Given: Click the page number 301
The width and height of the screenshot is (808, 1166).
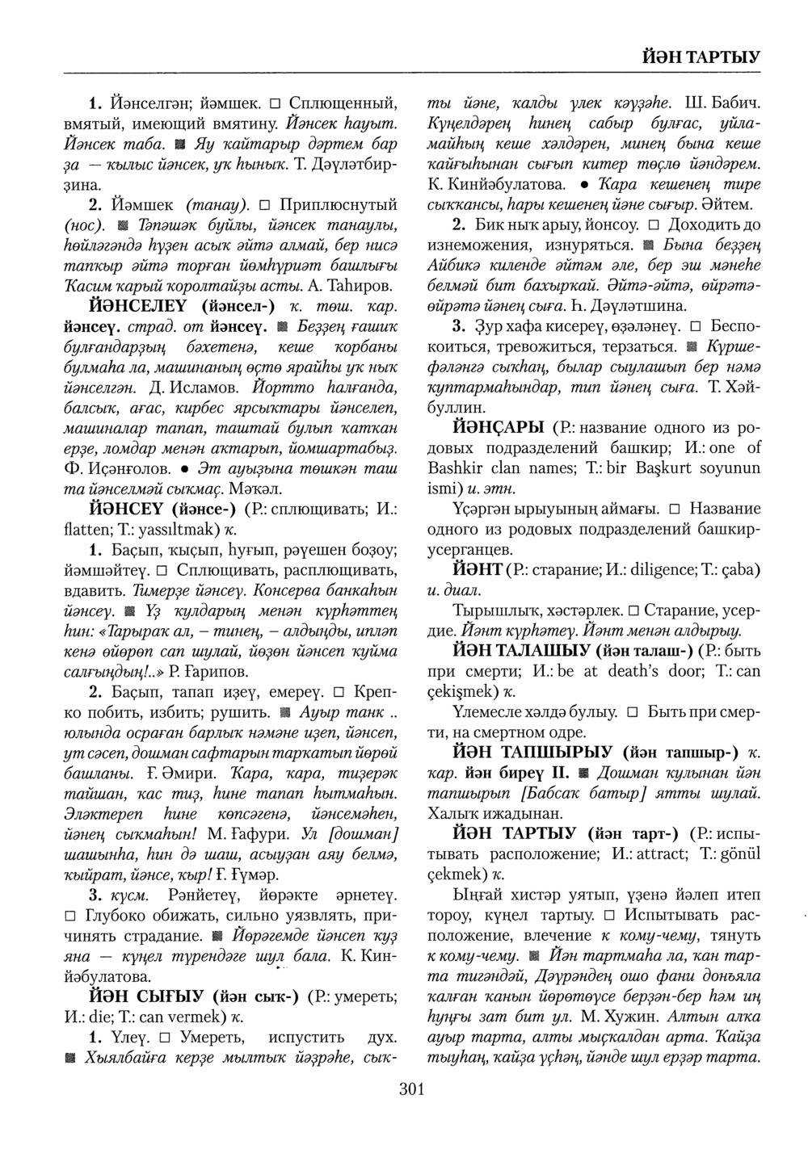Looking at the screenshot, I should pyautogui.click(x=412, y=1090).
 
